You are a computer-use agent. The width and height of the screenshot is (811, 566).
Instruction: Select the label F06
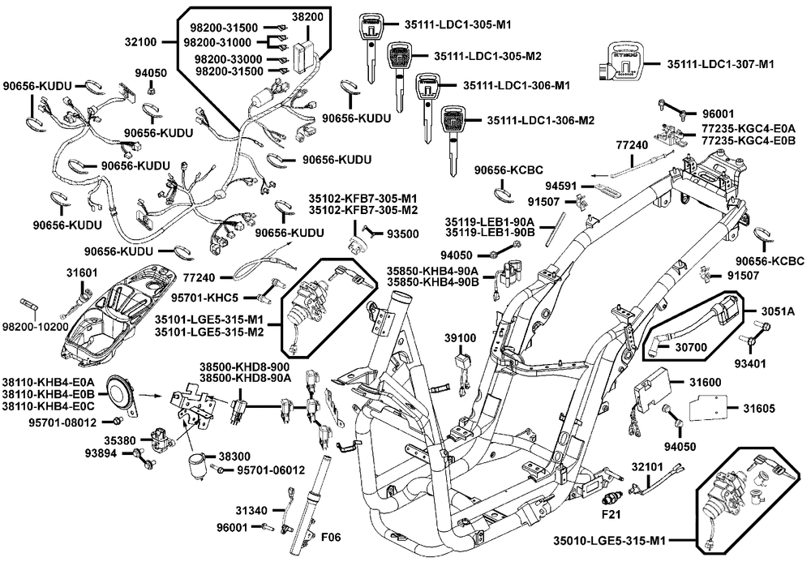[x=332, y=537]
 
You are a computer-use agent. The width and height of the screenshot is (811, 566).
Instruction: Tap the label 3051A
[x=776, y=311]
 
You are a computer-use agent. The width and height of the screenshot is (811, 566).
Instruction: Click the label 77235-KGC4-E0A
[x=748, y=128]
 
